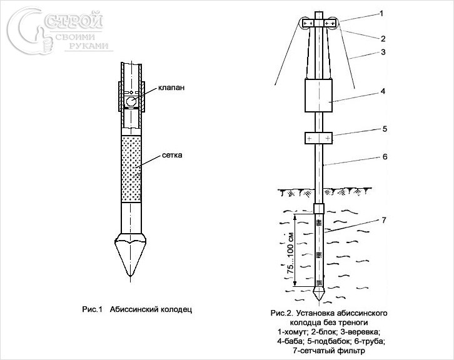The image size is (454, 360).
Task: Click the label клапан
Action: pyautogui.click(x=171, y=87)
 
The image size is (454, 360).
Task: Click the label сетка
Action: pyautogui.click(x=172, y=155)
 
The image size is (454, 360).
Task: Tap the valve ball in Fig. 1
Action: pyautogui.click(x=131, y=102)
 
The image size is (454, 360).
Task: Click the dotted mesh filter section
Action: pyautogui.click(x=131, y=169)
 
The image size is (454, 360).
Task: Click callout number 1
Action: pyautogui.click(x=381, y=13)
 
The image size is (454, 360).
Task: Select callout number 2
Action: pyautogui.click(x=383, y=39)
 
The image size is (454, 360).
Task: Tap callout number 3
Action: pyautogui.click(x=383, y=52)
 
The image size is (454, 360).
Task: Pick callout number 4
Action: pyautogui.click(x=383, y=91)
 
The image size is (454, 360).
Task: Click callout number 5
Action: pyautogui.click(x=385, y=129)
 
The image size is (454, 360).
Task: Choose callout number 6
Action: pyautogui.click(x=385, y=156)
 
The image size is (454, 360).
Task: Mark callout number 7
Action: pyautogui.click(x=383, y=220)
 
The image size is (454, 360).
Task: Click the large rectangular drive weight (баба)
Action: pyautogui.click(x=318, y=96)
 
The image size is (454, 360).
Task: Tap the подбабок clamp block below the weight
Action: pyautogui.click(x=318, y=138)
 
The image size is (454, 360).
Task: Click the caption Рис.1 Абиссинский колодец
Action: pyautogui.click(x=137, y=309)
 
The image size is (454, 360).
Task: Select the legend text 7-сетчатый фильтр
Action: pyautogui.click(x=329, y=351)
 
